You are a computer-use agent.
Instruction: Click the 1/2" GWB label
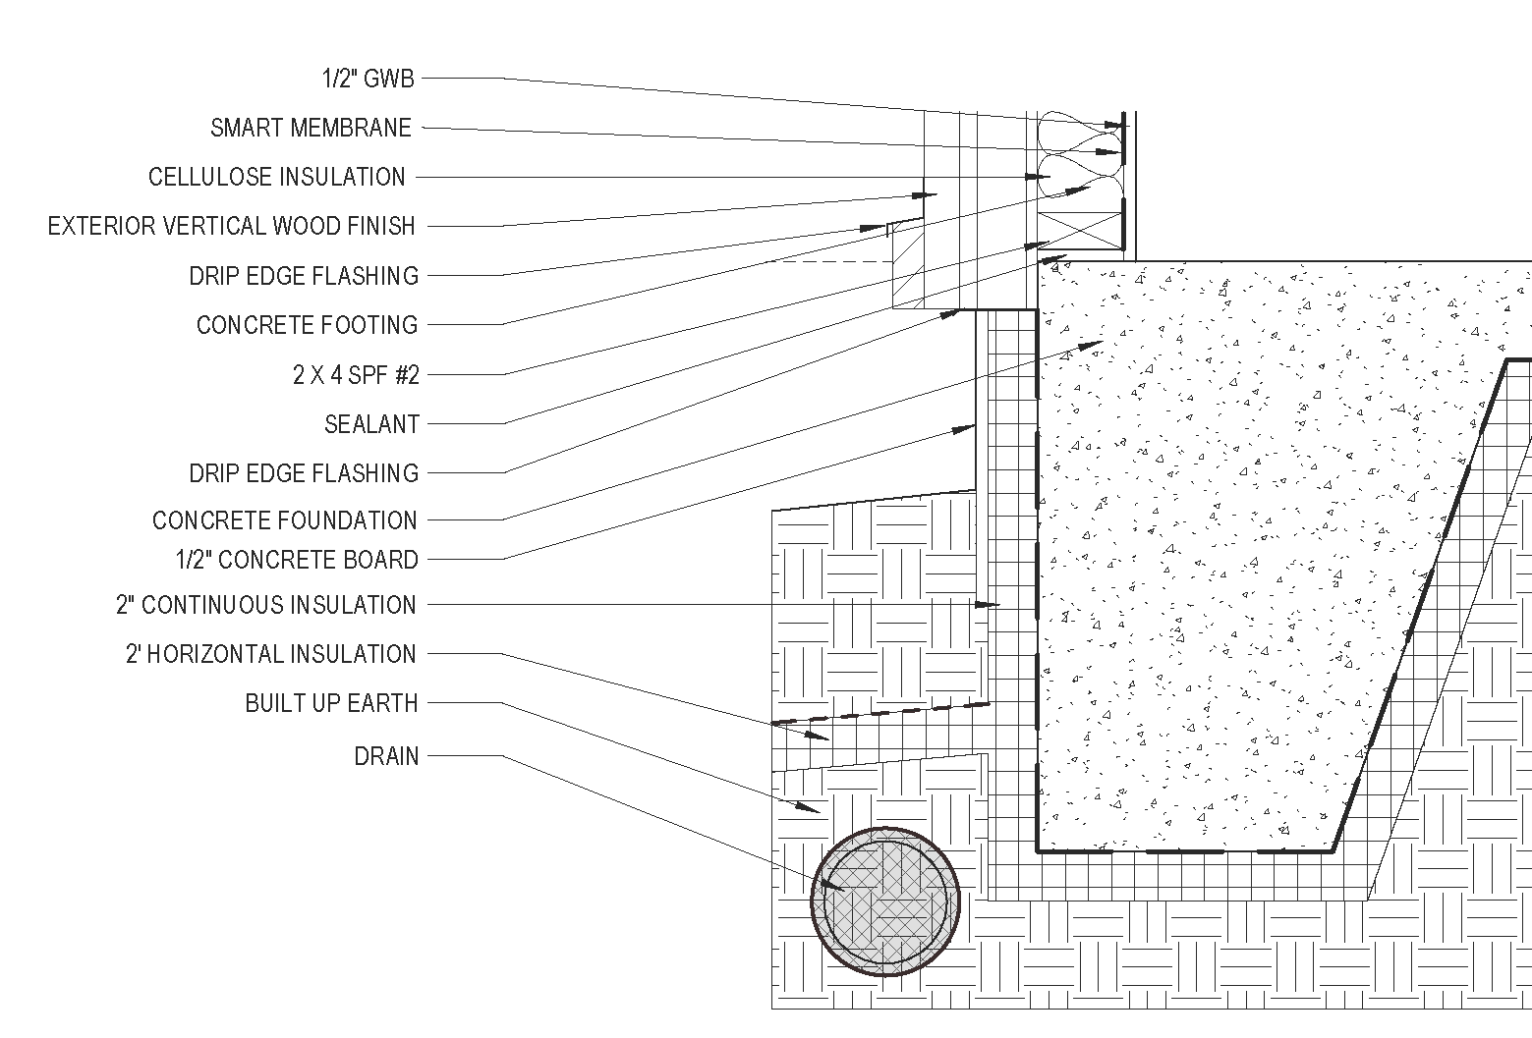click(x=369, y=79)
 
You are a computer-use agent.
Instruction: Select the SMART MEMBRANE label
click(x=311, y=128)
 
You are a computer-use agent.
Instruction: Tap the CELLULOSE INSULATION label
click(x=276, y=177)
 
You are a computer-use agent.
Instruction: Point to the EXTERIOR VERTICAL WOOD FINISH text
click(x=231, y=226)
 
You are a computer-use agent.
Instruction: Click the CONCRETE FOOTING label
click(x=307, y=325)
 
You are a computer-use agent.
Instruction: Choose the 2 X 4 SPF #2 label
click(x=356, y=374)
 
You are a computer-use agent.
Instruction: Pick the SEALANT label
click(x=371, y=424)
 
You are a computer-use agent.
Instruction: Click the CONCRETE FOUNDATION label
click(x=284, y=520)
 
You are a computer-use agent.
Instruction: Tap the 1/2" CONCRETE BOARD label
click(x=297, y=560)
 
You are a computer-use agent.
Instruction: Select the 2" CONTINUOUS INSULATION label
click(x=266, y=605)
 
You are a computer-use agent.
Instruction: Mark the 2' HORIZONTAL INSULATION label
click(x=270, y=654)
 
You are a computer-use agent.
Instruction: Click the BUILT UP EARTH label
click(x=331, y=703)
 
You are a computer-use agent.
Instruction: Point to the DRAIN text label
click(x=386, y=756)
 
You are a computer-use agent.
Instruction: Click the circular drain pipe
click(x=884, y=901)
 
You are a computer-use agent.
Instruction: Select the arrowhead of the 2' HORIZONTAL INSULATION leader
click(x=821, y=736)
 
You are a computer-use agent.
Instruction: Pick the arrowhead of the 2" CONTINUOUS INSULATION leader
click(x=992, y=605)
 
